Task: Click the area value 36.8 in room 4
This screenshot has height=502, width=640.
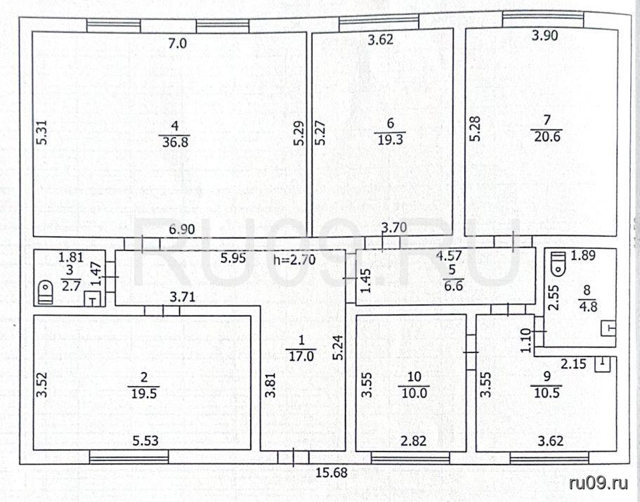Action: click(174, 143)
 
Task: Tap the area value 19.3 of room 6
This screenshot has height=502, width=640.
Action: click(390, 140)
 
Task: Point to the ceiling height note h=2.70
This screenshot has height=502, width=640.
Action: click(294, 259)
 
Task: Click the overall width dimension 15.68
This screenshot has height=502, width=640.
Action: click(332, 473)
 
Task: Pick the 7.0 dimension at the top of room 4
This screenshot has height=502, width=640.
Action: click(178, 43)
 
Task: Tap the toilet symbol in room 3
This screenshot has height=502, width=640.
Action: click(45, 292)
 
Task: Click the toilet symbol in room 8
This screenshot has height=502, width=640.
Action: click(558, 264)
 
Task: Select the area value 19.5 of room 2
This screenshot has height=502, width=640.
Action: click(143, 393)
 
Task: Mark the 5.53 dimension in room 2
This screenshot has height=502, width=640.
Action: click(145, 441)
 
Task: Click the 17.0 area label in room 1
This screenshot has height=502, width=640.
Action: click(301, 356)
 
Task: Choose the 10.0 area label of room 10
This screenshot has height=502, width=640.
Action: click(414, 393)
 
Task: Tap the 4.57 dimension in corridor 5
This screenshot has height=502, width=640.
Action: click(449, 256)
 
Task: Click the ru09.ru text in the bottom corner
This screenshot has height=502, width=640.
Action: click(599, 483)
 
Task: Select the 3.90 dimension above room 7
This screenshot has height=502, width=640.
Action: click(545, 36)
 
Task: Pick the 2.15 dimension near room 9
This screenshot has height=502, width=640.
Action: click(573, 363)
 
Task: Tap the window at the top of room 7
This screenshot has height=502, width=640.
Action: click(543, 19)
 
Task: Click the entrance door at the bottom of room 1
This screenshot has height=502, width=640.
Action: click(293, 457)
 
